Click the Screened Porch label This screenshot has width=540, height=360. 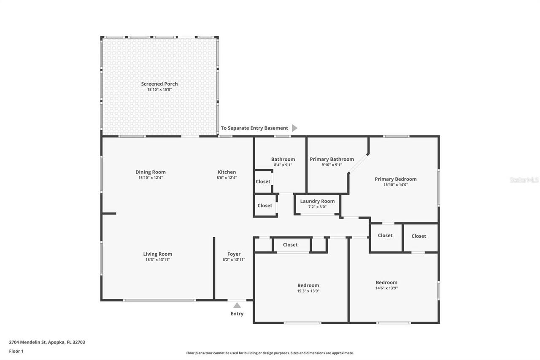pyautogui.click(x=159, y=84)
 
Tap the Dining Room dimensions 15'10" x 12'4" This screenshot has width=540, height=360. pyautogui.click(x=150, y=178)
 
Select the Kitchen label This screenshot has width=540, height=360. pyautogui.click(x=227, y=172)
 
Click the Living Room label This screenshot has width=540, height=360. pyautogui.click(x=157, y=254)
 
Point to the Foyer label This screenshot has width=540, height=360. pyautogui.click(x=234, y=254)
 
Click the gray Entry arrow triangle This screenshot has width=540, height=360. pyautogui.click(x=237, y=305)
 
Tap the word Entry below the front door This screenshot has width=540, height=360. pyautogui.click(x=237, y=314)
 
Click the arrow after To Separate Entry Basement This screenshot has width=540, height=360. pyautogui.click(x=294, y=128)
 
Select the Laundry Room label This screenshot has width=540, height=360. pyautogui.click(x=317, y=201)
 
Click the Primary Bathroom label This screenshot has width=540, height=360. pyautogui.click(x=332, y=159)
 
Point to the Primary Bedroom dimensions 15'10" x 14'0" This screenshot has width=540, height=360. pyautogui.click(x=395, y=185)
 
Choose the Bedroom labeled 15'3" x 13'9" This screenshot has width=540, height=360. pyautogui.click(x=308, y=285)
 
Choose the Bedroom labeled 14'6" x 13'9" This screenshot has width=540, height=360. pyautogui.click(x=386, y=282)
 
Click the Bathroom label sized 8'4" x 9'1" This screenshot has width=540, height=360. pyautogui.click(x=283, y=159)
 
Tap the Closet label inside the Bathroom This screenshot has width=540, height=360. pyautogui.click(x=263, y=181)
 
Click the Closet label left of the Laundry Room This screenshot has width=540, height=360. pyautogui.click(x=265, y=206)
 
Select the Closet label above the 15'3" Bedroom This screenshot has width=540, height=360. pyautogui.click(x=290, y=245)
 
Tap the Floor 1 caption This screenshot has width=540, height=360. pyautogui.click(x=16, y=351)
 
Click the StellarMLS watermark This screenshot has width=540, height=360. pyautogui.click(x=524, y=180)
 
